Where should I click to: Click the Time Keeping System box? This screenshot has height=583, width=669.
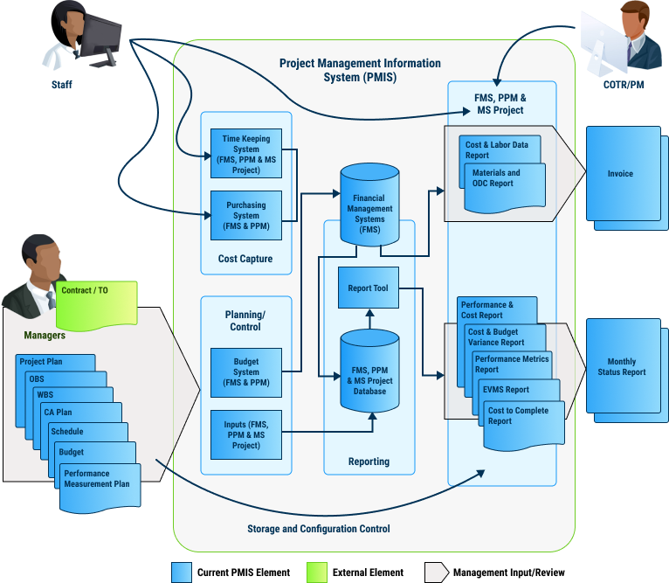[x=246, y=155]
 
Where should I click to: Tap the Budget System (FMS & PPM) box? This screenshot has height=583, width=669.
[x=246, y=373]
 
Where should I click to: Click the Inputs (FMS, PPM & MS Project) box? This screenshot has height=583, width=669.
[x=246, y=434]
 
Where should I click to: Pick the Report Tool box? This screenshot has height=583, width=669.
[x=368, y=288]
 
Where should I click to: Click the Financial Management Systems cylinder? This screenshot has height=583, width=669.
[x=369, y=209]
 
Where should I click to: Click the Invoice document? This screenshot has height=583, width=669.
[x=620, y=174]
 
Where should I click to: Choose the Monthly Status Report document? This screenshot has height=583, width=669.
[x=621, y=367]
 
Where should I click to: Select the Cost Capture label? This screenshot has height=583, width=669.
[x=245, y=259]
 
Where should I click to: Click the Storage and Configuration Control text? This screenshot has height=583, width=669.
[x=318, y=529]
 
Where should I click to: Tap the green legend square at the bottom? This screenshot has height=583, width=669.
[x=316, y=573]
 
